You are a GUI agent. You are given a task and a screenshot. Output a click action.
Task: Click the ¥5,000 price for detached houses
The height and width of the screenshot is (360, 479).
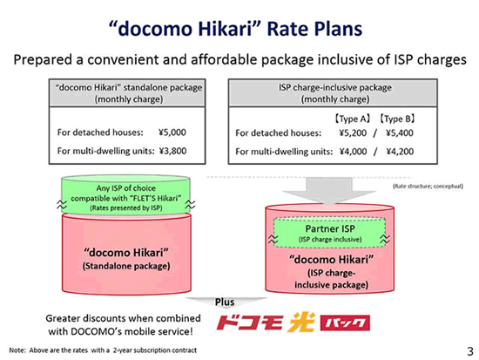[x=172, y=132]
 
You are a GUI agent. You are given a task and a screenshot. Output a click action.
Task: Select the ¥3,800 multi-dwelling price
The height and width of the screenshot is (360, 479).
[x=172, y=151]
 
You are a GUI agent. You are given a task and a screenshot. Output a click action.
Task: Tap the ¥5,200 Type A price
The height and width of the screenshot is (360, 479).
[x=353, y=133]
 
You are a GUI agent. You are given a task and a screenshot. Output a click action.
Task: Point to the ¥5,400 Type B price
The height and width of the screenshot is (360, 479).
[x=400, y=133]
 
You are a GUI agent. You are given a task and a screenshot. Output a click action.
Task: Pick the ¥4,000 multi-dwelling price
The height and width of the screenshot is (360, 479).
[x=353, y=152]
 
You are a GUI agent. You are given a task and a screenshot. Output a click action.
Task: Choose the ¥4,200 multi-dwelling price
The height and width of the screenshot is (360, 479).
[x=400, y=152]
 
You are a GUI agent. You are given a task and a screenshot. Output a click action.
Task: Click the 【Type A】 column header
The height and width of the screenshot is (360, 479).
[x=352, y=119]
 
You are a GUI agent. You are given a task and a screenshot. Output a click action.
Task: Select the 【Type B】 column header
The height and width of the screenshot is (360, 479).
[x=397, y=119]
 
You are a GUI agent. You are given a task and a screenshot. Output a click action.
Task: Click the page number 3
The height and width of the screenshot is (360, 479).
[x=470, y=351]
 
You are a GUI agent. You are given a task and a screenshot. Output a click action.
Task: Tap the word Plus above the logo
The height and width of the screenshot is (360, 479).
[x=225, y=302]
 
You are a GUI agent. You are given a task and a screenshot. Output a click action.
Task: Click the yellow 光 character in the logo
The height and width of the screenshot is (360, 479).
[x=302, y=322]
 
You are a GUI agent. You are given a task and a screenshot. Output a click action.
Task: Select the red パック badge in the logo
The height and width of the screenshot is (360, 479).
[x=345, y=323]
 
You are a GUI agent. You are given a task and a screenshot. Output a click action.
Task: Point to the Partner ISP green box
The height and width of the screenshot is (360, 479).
[x=329, y=233]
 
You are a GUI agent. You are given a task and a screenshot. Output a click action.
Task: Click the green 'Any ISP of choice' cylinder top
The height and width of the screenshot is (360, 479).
[x=126, y=195]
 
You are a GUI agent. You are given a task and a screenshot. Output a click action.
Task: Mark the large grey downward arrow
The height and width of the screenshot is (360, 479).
[x=329, y=191]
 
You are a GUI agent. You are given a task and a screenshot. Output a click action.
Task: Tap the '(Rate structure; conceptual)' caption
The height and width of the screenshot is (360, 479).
[x=428, y=186]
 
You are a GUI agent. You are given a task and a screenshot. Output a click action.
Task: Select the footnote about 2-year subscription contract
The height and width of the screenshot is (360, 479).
[x=103, y=350]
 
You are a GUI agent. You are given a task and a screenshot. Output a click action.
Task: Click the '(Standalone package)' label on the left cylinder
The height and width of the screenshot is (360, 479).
[x=126, y=266]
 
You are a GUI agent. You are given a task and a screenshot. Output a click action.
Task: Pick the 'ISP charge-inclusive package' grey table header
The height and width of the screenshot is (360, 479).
[x=333, y=93]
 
